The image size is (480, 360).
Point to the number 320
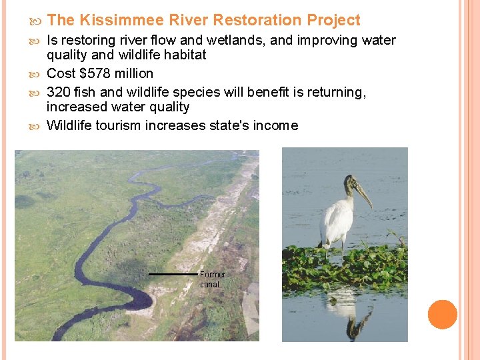pos(58,93)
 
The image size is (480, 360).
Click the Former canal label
pos(212,279)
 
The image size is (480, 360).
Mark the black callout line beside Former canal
pos(173,274)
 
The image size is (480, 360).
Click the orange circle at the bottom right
pos(442,315)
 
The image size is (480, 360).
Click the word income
pos(275,125)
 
